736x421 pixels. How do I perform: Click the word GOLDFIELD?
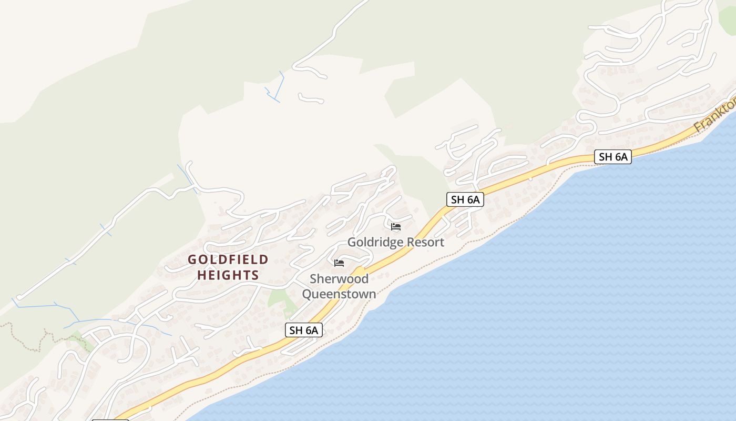click(x=228, y=259)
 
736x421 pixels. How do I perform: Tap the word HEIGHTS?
click(x=228, y=275)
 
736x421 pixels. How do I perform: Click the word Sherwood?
click(x=339, y=278)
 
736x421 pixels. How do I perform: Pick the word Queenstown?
click(x=339, y=294)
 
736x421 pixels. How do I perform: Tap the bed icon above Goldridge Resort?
click(x=396, y=227)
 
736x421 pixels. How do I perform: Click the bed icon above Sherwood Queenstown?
click(x=339, y=263)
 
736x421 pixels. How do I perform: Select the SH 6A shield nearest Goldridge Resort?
click(x=465, y=199)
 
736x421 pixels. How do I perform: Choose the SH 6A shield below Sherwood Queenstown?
click(x=303, y=330)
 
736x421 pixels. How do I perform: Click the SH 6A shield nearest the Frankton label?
click(x=612, y=156)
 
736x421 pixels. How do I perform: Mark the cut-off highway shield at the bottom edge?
click(x=110, y=419)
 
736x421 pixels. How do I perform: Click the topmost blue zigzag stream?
click(x=275, y=88)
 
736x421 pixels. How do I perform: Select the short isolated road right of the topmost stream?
click(x=310, y=98)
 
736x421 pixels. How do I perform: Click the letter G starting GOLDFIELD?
click(x=192, y=259)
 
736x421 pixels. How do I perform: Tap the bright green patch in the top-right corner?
click(x=728, y=18)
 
